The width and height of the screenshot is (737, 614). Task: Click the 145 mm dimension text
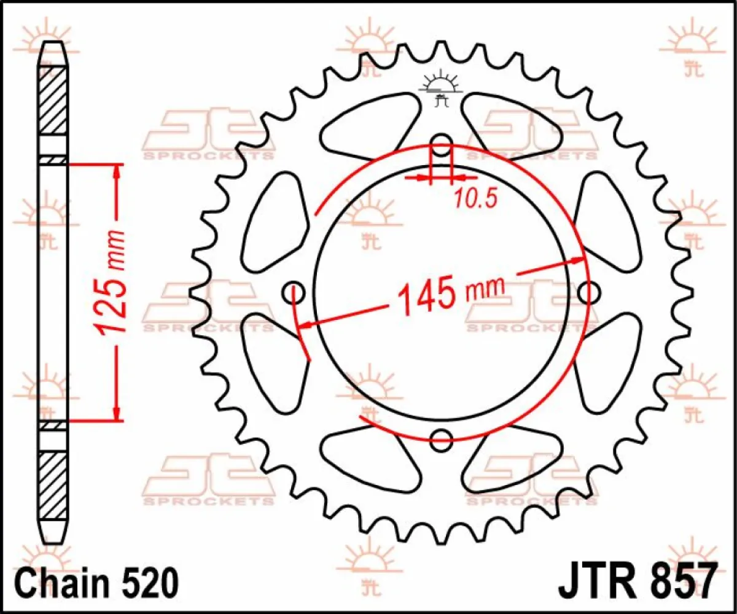tap(451, 295)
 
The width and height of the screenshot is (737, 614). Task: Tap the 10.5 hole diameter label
tap(474, 197)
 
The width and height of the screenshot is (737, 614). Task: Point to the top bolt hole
tap(440, 147)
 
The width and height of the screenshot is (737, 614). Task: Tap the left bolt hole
tap(294, 293)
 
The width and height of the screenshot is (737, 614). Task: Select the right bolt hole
tap(588, 292)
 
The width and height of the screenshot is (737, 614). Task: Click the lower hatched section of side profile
tap(53, 485)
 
